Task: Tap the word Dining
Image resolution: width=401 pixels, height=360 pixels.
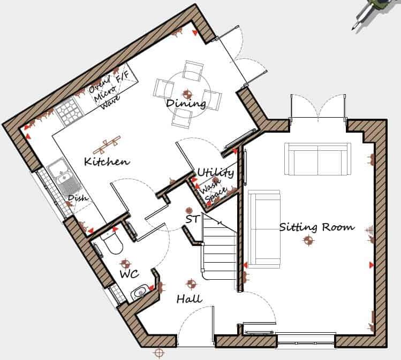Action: [x=185, y=103]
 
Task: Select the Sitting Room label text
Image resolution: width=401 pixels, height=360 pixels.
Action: [x=316, y=227]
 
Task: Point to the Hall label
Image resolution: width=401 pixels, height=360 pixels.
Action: [x=189, y=299]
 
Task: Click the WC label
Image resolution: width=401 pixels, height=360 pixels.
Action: [x=129, y=274]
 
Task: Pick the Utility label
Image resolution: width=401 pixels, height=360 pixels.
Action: [x=215, y=173]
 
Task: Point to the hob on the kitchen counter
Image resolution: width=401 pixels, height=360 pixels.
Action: [x=68, y=111]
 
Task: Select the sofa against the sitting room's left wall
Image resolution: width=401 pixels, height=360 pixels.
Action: [x=264, y=229]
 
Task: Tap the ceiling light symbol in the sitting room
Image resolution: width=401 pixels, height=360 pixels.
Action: [x=307, y=241]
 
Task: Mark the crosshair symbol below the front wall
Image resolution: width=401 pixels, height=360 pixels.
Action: [x=158, y=353]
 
